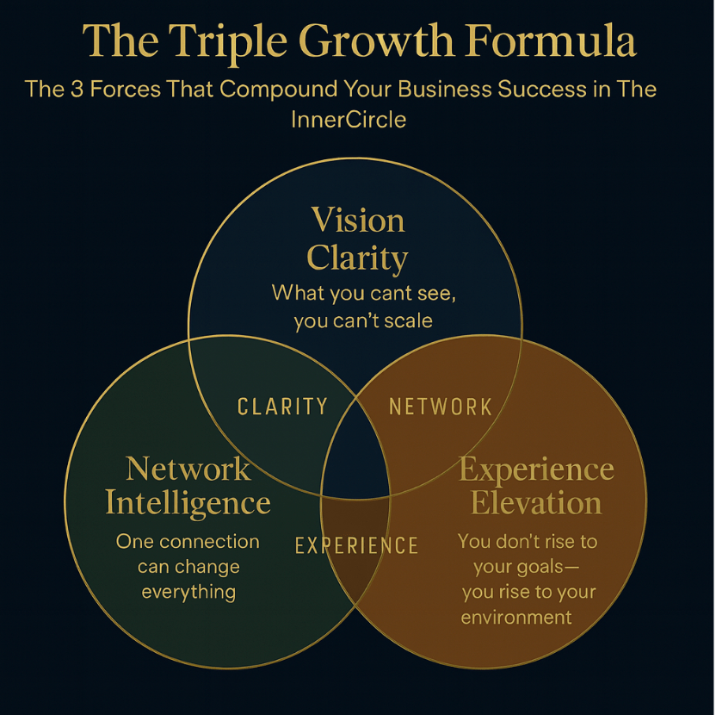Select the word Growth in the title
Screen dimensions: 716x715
[377, 40]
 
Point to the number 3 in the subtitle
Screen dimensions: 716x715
[77, 89]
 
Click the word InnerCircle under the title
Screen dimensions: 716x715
[349, 120]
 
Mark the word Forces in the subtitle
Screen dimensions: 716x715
[125, 89]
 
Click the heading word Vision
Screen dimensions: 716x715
[358, 221]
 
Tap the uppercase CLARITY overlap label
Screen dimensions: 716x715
[282, 407]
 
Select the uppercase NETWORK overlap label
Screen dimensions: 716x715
[441, 407]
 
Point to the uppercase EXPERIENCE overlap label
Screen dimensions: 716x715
[356, 545]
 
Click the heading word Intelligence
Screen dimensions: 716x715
[188, 504]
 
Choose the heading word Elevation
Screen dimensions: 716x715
[536, 502]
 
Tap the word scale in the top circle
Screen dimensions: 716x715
[408, 320]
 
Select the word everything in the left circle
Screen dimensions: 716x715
[188, 593]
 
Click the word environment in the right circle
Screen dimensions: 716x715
[516, 618]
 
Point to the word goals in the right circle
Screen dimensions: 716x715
[540, 568]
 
